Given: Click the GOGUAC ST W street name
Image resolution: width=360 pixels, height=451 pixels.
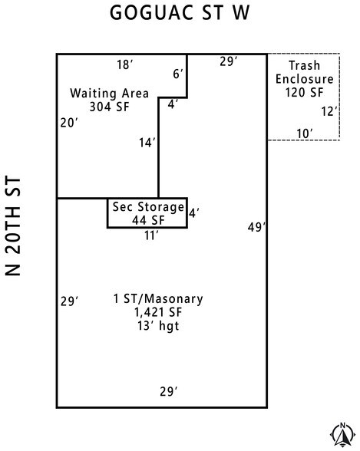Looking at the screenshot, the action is [180, 13].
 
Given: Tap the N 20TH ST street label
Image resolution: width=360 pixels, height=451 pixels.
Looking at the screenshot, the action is [13, 225].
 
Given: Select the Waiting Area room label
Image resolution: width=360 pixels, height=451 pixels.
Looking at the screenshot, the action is [109, 94].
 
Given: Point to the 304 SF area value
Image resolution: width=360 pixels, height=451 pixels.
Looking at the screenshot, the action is [109, 107].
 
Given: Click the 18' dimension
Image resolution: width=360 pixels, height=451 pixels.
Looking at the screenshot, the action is [125, 64].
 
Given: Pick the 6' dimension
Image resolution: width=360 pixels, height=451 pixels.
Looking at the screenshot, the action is [178, 74].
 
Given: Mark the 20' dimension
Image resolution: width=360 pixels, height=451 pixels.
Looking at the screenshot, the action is [69, 123].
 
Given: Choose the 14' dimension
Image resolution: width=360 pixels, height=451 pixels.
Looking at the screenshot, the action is [147, 143].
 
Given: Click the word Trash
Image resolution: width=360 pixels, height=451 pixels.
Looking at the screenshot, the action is [305, 65].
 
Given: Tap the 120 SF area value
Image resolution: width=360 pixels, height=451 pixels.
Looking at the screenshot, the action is [305, 93].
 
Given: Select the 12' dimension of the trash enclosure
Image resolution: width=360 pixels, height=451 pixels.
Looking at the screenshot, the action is [329, 111].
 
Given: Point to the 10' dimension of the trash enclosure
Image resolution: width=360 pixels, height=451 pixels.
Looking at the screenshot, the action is [305, 133].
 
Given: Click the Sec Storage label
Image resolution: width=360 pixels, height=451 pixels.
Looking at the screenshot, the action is [148, 207].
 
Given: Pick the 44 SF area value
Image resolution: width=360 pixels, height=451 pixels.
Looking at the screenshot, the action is [148, 220].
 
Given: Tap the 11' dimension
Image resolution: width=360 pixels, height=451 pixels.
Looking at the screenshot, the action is [151, 235].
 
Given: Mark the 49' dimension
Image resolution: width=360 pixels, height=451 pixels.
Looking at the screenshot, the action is [256, 227].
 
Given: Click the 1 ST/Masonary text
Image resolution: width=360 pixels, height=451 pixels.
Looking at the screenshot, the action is [158, 299].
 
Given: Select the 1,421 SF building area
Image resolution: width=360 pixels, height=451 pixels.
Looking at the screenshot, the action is [158, 312].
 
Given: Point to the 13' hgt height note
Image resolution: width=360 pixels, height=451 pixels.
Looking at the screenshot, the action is [158, 326].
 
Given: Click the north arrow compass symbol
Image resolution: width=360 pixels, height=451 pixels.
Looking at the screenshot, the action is [342, 435].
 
